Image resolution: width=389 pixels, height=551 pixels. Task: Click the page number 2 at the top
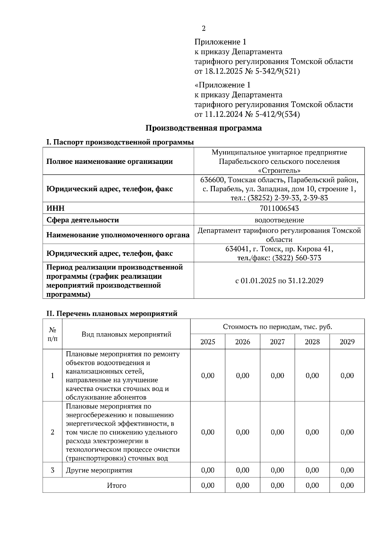tap(204, 29)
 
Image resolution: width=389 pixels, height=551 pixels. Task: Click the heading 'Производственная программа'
tap(203, 128)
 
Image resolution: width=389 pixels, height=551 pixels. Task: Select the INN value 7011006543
tap(279, 208)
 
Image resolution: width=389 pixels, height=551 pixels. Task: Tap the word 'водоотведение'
tap(279, 220)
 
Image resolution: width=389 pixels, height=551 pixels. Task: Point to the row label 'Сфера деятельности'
tap(83, 220)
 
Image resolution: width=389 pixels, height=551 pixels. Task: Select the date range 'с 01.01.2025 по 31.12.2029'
tap(279, 281)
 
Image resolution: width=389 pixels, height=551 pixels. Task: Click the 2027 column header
tap(277, 342)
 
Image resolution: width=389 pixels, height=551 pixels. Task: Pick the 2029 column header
tap(347, 342)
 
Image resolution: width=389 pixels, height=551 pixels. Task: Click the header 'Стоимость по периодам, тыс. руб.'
tap(277, 327)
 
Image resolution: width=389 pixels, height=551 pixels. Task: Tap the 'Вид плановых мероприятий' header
tap(126, 334)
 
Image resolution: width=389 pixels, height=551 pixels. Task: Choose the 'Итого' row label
tap(116, 485)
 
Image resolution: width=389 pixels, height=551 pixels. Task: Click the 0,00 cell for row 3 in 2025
tap(207, 470)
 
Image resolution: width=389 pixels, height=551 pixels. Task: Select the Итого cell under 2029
tap(347, 485)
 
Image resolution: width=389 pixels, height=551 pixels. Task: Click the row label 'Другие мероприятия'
tap(99, 470)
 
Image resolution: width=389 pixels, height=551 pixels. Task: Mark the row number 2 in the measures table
tap(53, 432)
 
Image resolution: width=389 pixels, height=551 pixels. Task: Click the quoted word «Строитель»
tap(279, 170)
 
